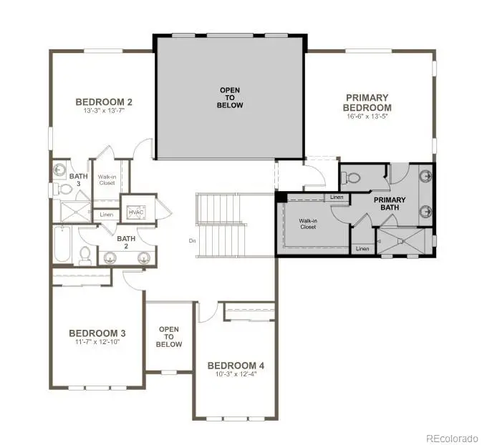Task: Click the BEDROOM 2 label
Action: [x=104, y=102]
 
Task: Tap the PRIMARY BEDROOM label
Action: [x=367, y=102]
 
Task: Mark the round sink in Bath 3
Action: [x=59, y=170]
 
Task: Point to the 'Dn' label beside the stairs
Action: [x=193, y=241]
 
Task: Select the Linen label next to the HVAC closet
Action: [x=107, y=215]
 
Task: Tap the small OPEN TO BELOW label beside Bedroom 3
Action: [x=169, y=336]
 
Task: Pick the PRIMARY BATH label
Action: [x=390, y=205]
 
